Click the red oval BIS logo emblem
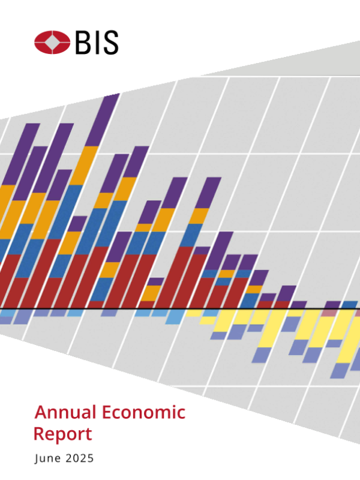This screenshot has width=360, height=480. [x=53, y=43]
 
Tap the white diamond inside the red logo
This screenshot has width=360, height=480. [x=53, y=43]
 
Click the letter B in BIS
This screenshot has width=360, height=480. [x=85, y=43]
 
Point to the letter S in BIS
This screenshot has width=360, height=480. [x=110, y=43]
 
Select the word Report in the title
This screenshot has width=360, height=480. [x=63, y=434]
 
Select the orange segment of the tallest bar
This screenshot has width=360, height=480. [x=84, y=165]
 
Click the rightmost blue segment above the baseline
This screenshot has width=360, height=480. [x=349, y=305]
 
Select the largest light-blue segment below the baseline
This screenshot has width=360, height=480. [x=175, y=316]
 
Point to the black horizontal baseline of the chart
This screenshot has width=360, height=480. [x=180, y=308]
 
